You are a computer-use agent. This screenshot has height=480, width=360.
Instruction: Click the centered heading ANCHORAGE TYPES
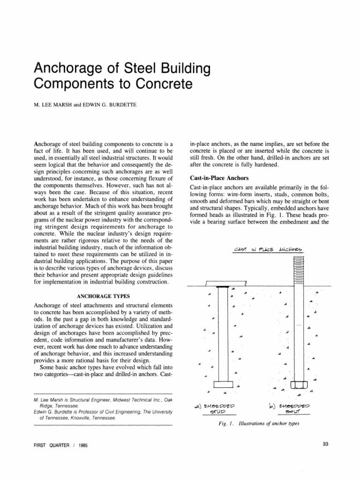tap(105, 296)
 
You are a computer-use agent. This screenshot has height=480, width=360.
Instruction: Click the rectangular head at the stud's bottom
tap(223, 384)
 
